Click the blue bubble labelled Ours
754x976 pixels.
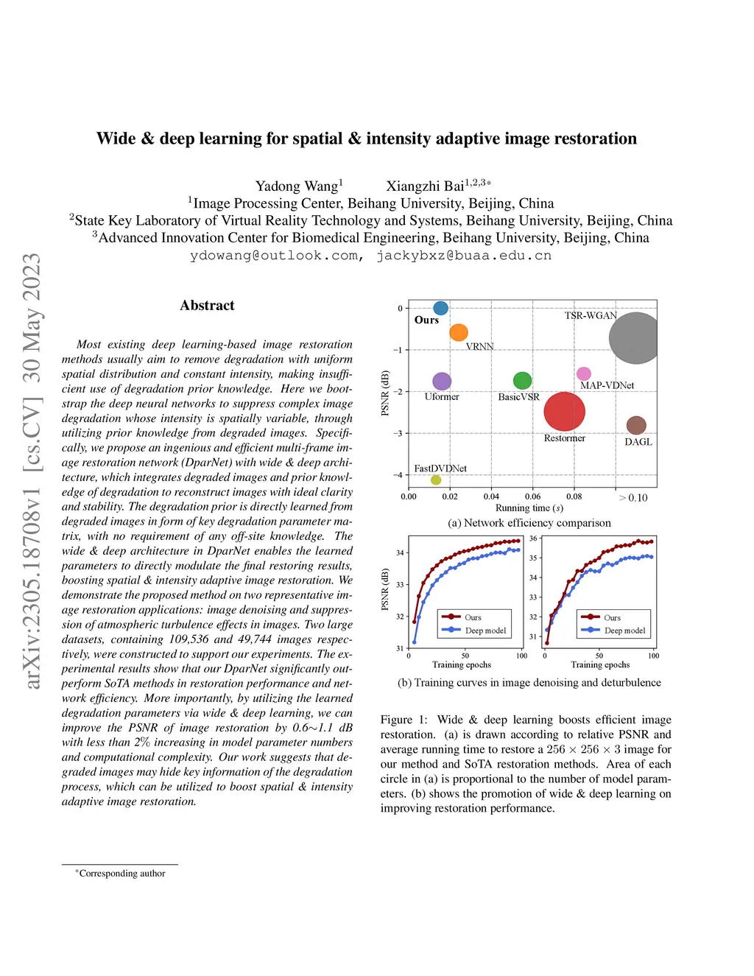click(x=440, y=308)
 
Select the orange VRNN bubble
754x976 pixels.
click(x=459, y=332)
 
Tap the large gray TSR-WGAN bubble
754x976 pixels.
click(x=634, y=338)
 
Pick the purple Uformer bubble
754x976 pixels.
click(x=442, y=381)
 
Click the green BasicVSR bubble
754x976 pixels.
click(x=522, y=380)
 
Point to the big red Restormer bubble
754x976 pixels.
click(x=564, y=411)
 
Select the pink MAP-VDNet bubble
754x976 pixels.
click(x=583, y=374)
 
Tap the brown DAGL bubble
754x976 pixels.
click(x=636, y=425)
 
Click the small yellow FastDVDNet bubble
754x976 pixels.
click(x=436, y=480)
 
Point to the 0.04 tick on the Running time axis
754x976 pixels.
click(x=491, y=496)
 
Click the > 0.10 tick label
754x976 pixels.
click(x=633, y=498)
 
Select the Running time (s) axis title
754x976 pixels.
click(x=529, y=508)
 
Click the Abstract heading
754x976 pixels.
click(x=207, y=306)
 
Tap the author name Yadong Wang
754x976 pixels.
click(x=297, y=186)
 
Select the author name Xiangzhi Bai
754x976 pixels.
click(x=426, y=186)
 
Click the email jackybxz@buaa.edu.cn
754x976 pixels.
click(x=464, y=256)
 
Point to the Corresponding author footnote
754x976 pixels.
click(x=122, y=874)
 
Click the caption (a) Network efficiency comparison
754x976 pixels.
click(x=529, y=523)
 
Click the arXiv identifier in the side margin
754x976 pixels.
click(x=32, y=471)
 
